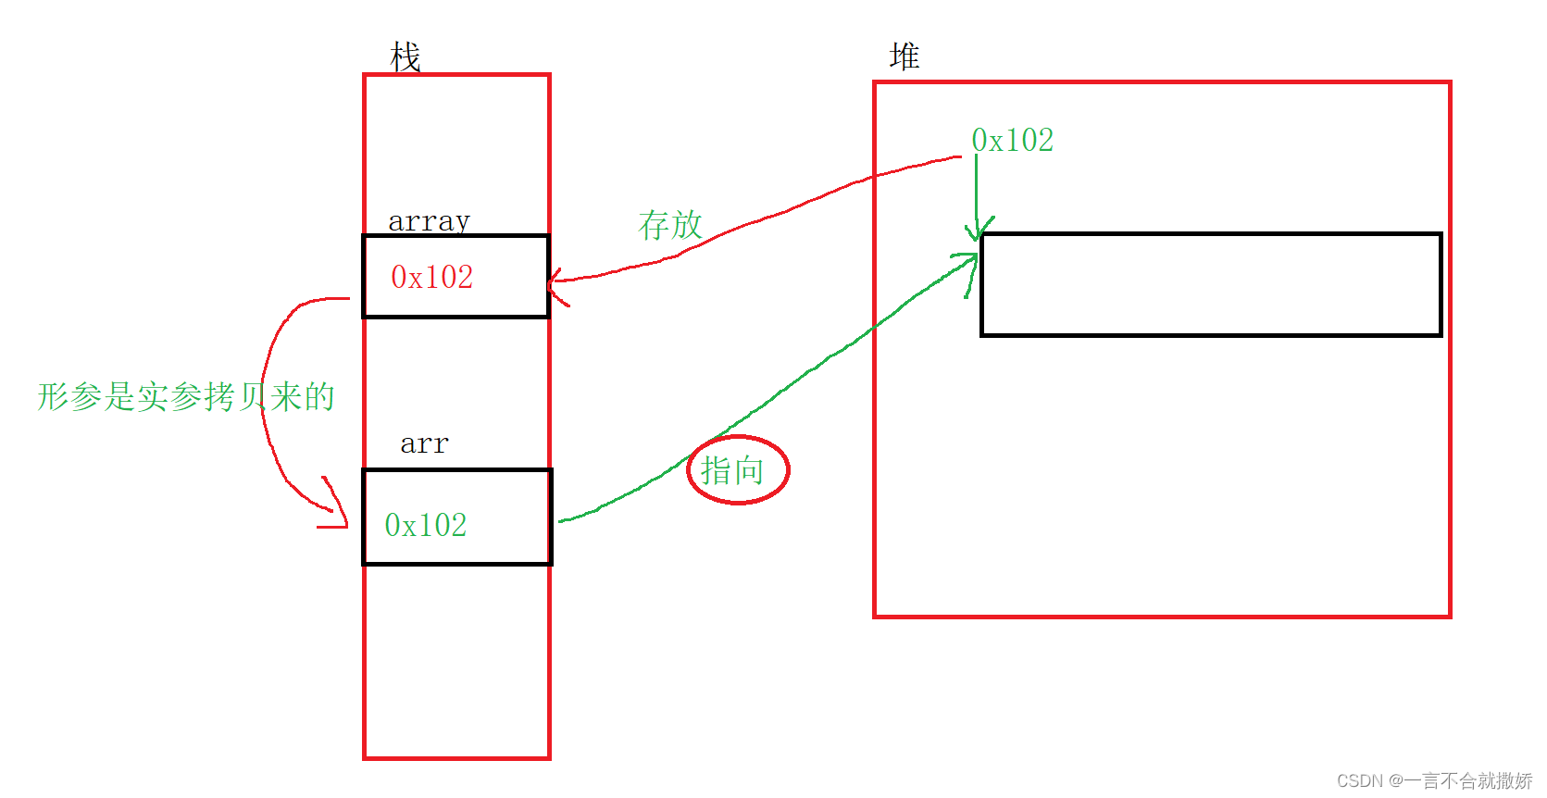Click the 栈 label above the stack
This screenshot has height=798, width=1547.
click(x=405, y=57)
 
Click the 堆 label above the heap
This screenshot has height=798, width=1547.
click(x=904, y=56)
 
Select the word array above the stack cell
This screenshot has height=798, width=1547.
click(x=429, y=221)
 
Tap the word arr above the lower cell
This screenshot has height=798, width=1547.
click(x=424, y=444)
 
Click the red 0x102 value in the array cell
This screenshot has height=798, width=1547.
click(x=431, y=277)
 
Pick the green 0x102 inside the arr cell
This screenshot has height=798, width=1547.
click(x=426, y=525)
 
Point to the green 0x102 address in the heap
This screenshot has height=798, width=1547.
click(x=1012, y=141)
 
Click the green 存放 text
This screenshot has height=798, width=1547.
click(x=670, y=225)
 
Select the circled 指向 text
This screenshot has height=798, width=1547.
click(x=732, y=470)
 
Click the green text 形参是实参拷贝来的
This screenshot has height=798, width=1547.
click(x=185, y=396)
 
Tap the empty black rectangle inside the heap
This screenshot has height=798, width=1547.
click(x=1210, y=284)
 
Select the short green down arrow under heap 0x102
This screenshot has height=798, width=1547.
click(x=976, y=199)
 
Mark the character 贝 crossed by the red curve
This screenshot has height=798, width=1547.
click(x=253, y=396)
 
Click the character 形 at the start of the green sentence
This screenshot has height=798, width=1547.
click(x=54, y=396)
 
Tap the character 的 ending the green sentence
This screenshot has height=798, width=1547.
click(x=319, y=396)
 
